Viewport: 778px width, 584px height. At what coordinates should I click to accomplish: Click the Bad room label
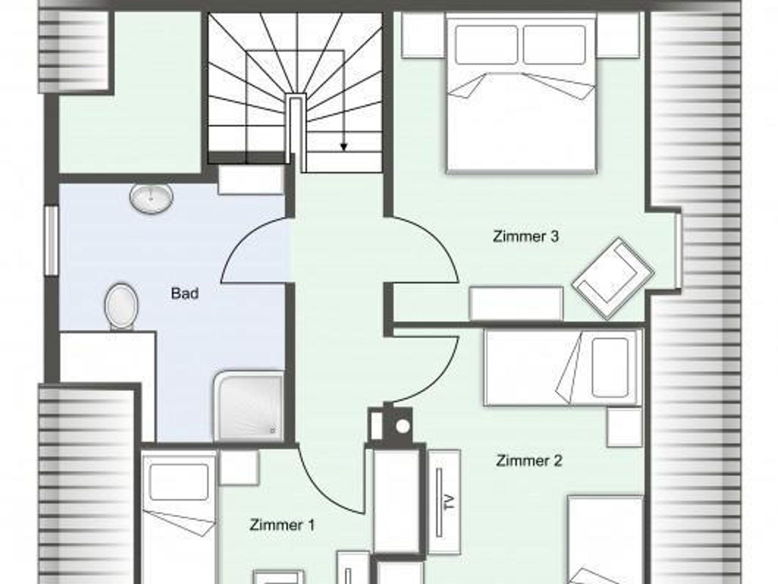185,294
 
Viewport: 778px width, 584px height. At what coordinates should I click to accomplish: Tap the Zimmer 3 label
526,236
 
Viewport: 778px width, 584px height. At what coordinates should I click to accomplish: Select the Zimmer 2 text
529,461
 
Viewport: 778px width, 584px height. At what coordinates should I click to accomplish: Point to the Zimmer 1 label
282,525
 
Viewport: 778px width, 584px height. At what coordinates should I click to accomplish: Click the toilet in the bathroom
121,307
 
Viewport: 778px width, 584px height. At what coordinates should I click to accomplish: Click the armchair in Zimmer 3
613,279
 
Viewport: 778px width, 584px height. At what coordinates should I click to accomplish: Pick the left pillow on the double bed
486,45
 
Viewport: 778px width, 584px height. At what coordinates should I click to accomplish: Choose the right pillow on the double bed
554,45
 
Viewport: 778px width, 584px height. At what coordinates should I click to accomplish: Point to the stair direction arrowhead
344,147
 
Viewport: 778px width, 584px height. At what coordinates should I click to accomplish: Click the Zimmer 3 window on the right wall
678,251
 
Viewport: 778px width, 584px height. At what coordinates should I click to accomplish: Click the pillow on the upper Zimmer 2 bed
609,367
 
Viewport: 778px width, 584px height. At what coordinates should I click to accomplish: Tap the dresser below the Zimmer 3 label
516,303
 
